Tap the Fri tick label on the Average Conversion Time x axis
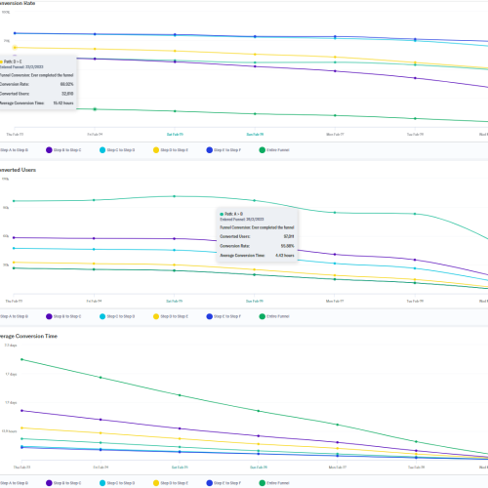click(x=95, y=468)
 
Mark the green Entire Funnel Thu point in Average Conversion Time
click(x=21, y=360)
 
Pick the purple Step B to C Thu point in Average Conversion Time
click(x=21, y=410)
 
